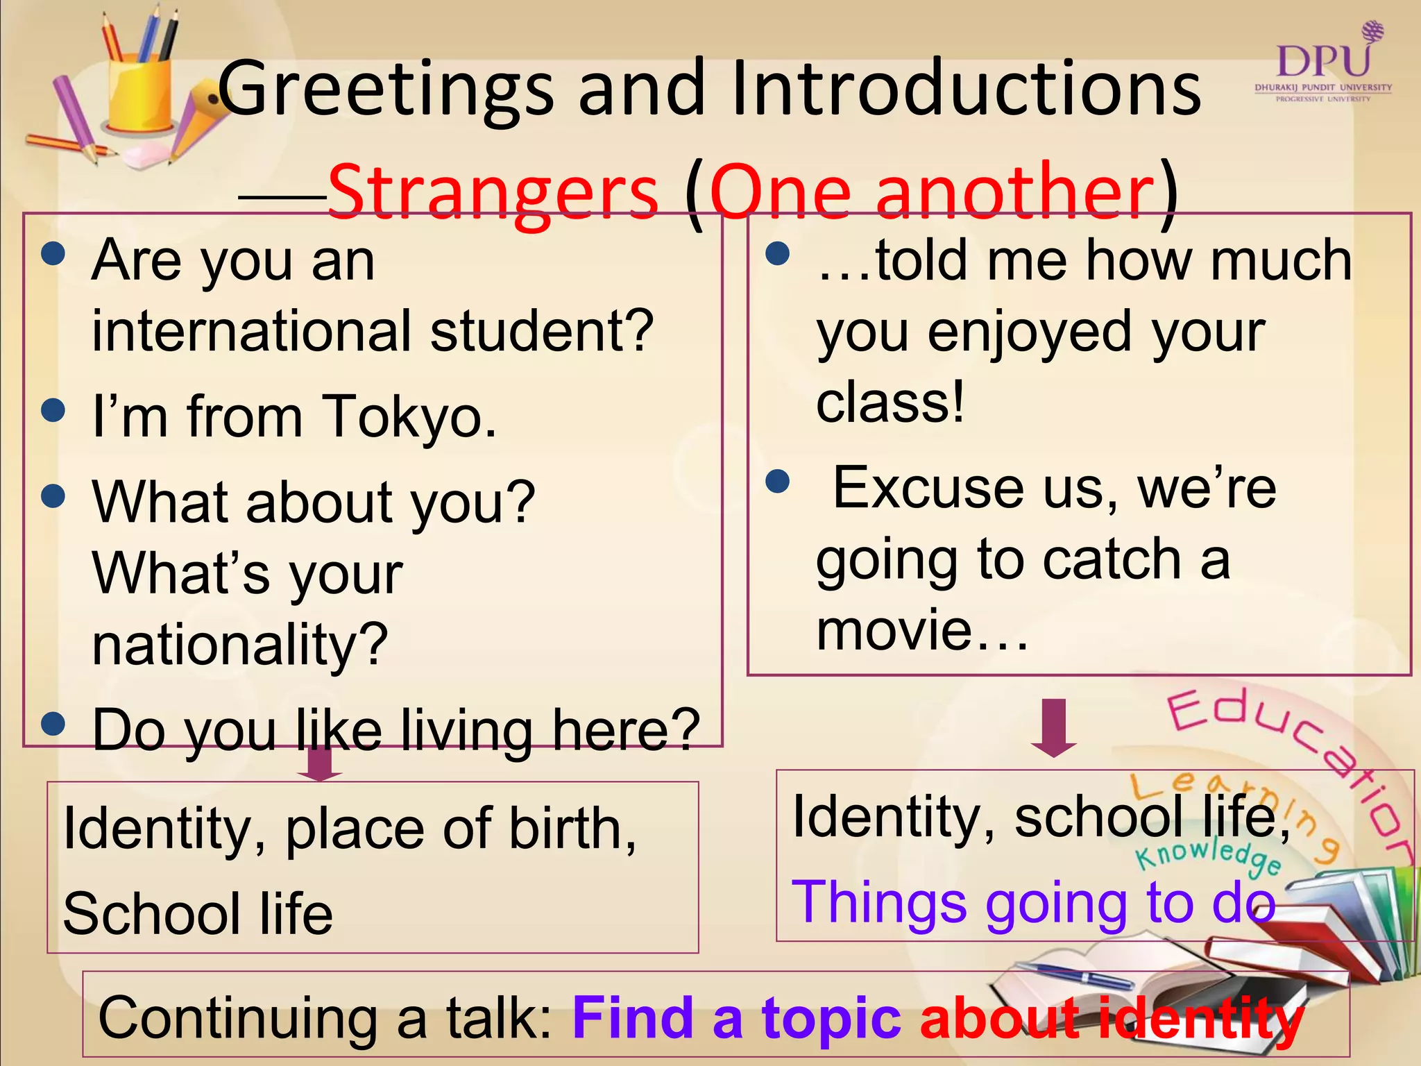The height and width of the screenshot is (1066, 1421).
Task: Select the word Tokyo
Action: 409,418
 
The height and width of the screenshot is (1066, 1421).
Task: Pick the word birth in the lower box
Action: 572,829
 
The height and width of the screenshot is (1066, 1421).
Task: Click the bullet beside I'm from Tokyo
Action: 53,409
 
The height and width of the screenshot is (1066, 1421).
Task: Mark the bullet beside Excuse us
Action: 778,480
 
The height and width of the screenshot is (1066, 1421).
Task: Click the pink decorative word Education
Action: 1291,770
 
